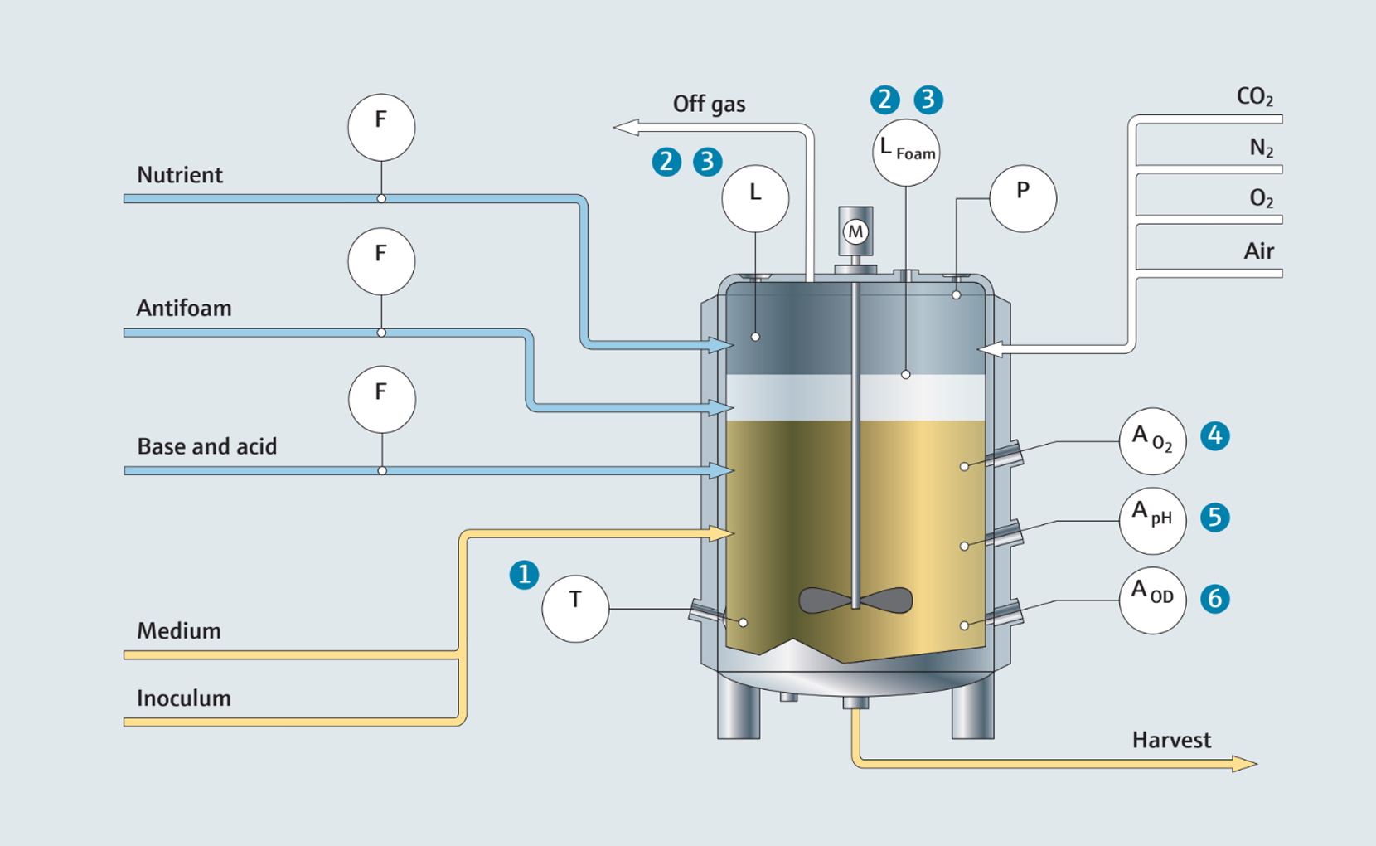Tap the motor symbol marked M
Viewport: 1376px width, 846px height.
pyautogui.click(x=855, y=231)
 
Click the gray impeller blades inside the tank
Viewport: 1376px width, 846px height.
pyautogui.click(x=855, y=600)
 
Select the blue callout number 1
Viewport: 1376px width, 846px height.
pyautogui.click(x=524, y=574)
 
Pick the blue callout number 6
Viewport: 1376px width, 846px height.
pyautogui.click(x=1215, y=598)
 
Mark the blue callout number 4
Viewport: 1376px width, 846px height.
pyautogui.click(x=1215, y=435)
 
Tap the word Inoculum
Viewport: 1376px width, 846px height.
pyautogui.click(x=184, y=698)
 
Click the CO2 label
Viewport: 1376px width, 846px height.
pyautogui.click(x=1254, y=96)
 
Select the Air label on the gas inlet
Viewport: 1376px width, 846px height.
pyautogui.click(x=1258, y=250)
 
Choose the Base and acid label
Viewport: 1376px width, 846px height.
pyautogui.click(x=207, y=445)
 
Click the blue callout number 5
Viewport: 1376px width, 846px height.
pyautogui.click(x=1215, y=517)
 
